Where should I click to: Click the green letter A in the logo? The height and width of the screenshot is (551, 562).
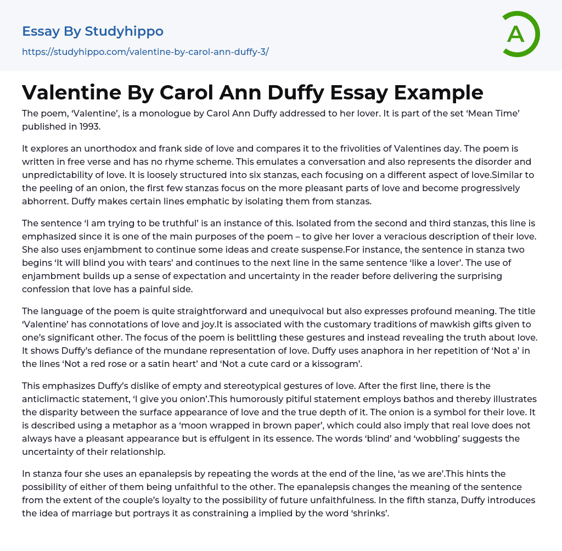pyautogui.click(x=516, y=34)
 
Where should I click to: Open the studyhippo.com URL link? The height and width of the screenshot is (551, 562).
pyautogui.click(x=145, y=52)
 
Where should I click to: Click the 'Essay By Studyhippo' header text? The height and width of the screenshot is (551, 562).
pyautogui.click(x=93, y=31)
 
